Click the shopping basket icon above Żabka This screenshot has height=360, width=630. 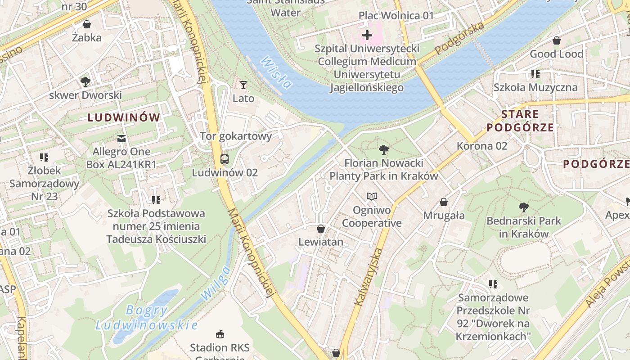(x=87, y=24)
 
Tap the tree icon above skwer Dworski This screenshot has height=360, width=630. (x=85, y=81)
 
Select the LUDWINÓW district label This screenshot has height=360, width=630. (x=124, y=118)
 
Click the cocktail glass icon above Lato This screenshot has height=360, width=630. (x=243, y=85)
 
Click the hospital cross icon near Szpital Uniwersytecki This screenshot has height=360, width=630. (x=367, y=35)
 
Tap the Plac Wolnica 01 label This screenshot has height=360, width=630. (x=396, y=16)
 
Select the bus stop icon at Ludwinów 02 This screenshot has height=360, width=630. (x=224, y=159)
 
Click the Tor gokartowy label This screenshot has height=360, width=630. (x=236, y=136)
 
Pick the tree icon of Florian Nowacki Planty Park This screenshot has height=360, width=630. (x=384, y=149)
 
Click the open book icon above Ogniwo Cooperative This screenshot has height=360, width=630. (x=371, y=196)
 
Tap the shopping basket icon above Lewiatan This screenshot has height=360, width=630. (x=321, y=229)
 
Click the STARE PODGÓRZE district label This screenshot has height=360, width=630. (x=520, y=121)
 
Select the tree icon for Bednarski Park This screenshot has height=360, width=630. (x=523, y=207)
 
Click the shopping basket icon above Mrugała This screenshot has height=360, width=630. (x=444, y=202)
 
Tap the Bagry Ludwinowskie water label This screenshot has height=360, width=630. (x=147, y=318)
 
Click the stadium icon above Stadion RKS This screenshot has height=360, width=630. (x=220, y=334)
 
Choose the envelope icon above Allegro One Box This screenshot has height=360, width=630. (x=121, y=138)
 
